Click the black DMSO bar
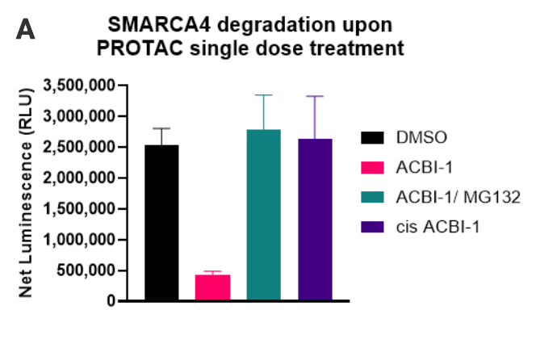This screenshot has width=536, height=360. pos(161,223)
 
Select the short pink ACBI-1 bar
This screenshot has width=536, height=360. pos(212,287)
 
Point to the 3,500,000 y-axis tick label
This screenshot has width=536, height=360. pos(80,85)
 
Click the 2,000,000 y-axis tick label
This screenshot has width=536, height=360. pos(80,178)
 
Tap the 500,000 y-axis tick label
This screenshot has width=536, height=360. pos(89,270)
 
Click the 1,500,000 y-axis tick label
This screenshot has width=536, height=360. pos(80,208)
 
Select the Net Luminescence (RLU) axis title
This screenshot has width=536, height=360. pos(26,194)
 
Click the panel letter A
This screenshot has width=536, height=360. pos(25,31)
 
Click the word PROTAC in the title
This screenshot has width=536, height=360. pos(135,48)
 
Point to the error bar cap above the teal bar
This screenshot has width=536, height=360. pos(264,95)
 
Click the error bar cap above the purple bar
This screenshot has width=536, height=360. pos(315,96)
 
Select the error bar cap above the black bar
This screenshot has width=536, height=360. pos(161,128)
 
